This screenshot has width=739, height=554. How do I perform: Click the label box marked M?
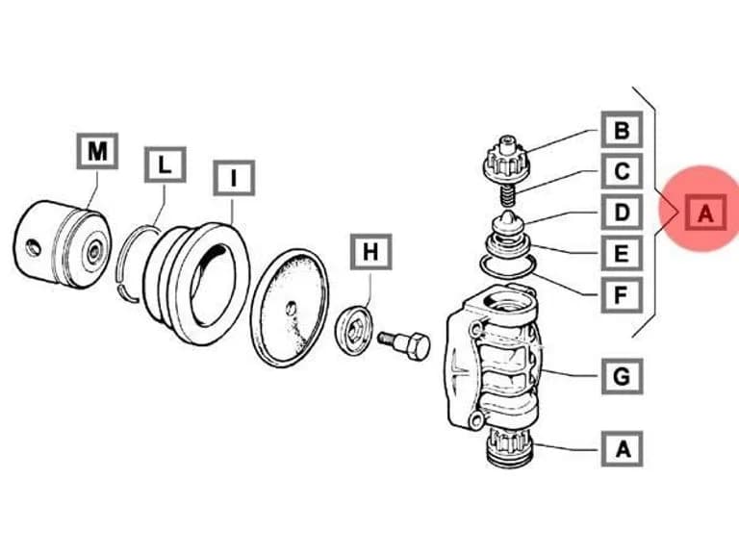(x=97, y=151)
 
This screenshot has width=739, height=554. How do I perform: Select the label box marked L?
(x=165, y=164)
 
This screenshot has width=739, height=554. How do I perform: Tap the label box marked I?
(x=234, y=178)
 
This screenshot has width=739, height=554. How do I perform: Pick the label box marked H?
(x=370, y=252)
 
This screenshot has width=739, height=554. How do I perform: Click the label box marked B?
(x=622, y=129)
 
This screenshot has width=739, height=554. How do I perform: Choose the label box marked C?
(x=622, y=170)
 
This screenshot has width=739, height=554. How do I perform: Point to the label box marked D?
(x=622, y=212)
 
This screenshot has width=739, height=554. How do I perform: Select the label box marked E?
(x=622, y=253)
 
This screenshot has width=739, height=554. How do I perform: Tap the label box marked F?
(x=622, y=295)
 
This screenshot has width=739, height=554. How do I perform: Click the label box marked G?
(x=623, y=376)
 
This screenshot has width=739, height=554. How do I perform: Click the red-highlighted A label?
(x=705, y=213)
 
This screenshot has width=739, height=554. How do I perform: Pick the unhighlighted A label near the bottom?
(x=623, y=448)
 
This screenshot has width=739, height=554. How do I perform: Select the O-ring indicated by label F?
(x=507, y=266)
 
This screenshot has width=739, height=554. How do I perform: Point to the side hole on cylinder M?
(x=33, y=247)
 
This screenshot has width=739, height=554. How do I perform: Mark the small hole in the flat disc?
(x=292, y=308)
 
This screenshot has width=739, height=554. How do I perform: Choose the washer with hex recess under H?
(x=355, y=331)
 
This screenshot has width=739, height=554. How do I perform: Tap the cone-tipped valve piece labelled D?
(x=507, y=224)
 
